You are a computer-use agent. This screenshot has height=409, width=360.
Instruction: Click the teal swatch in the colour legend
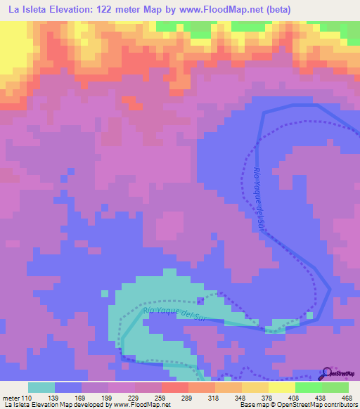tap(41, 387)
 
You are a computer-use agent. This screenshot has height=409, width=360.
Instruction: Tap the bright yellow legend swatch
tap(282, 387)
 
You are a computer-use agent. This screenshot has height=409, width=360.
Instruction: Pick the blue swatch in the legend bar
tap(68, 387)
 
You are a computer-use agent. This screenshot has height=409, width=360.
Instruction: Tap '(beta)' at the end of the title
tap(274, 9)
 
